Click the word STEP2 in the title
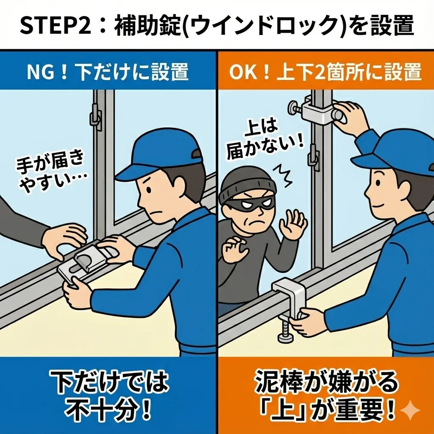(56, 25)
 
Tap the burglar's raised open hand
(293, 224)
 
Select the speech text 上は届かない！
(264, 140)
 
